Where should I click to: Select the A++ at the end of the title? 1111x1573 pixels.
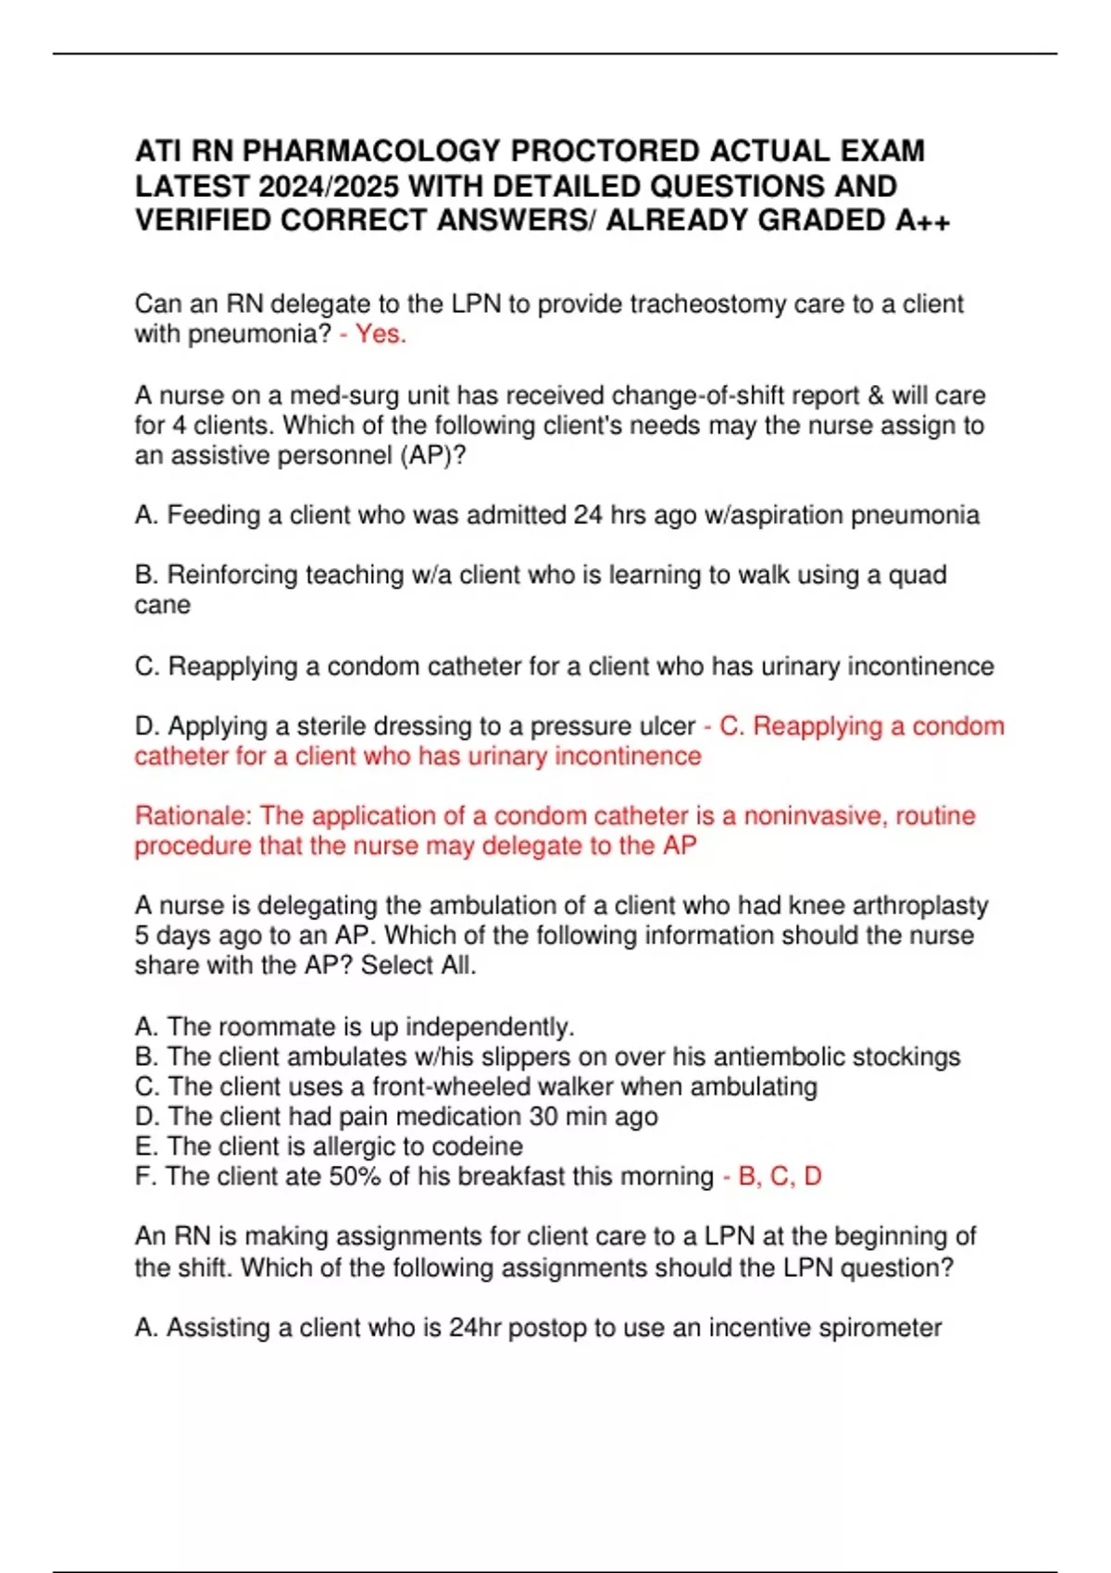coord(923,220)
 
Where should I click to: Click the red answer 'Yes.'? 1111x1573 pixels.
coord(381,334)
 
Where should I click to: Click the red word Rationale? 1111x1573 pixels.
coord(193,816)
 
